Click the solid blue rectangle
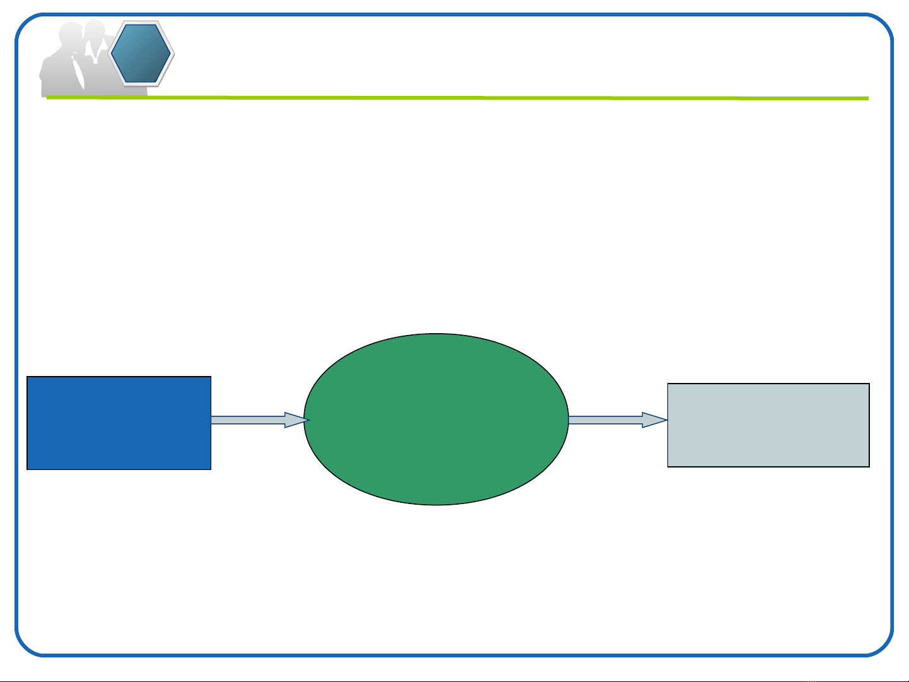point(119,423)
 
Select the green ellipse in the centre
point(436,420)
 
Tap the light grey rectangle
point(768,425)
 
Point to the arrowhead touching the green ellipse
point(296,420)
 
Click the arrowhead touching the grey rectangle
point(655,420)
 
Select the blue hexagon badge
point(141,54)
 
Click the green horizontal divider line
point(457,98)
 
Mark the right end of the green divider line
point(867,98)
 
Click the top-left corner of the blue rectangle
point(28,377)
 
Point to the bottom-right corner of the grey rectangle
point(869,466)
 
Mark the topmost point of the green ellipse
point(436,334)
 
